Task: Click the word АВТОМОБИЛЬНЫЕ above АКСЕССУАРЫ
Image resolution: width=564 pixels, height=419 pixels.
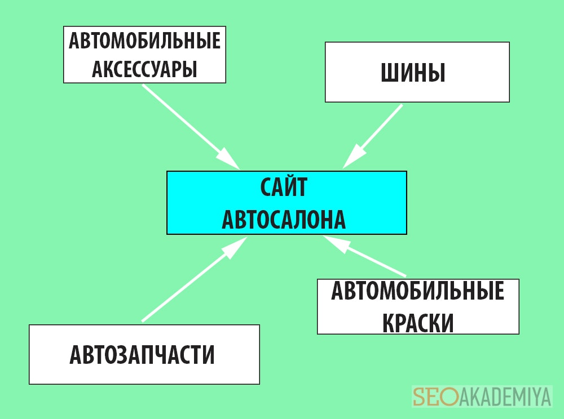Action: point(144,41)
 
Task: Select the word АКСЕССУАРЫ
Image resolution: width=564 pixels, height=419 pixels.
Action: point(144,69)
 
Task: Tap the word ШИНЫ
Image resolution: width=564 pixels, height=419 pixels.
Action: point(413,73)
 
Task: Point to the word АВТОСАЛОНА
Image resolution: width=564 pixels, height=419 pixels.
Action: point(284,219)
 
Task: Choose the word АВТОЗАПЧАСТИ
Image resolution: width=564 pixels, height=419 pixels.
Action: point(142,355)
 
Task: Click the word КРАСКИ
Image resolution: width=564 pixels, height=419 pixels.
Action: point(418,323)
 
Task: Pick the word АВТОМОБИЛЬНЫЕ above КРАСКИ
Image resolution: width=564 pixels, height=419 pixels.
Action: point(417,291)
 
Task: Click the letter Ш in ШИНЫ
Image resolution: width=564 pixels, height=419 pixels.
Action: point(389,73)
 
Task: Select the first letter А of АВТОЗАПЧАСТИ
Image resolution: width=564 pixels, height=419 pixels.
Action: point(75,355)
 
